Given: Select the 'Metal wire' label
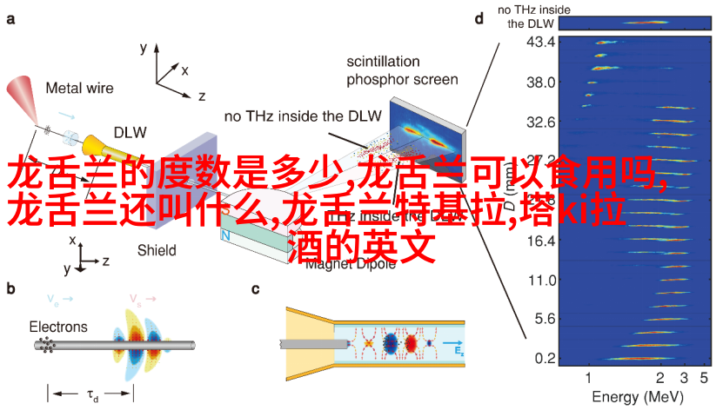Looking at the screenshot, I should tap(79, 88).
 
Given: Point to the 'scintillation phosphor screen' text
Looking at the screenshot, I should tap(402, 70).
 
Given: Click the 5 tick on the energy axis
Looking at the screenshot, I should tap(706, 378).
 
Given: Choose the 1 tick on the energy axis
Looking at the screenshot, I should tap(588, 378).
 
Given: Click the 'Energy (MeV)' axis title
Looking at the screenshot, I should tap(636, 398).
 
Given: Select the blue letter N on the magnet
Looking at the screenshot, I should tap(225, 235).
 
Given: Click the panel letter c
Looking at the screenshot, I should tap(256, 289).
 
